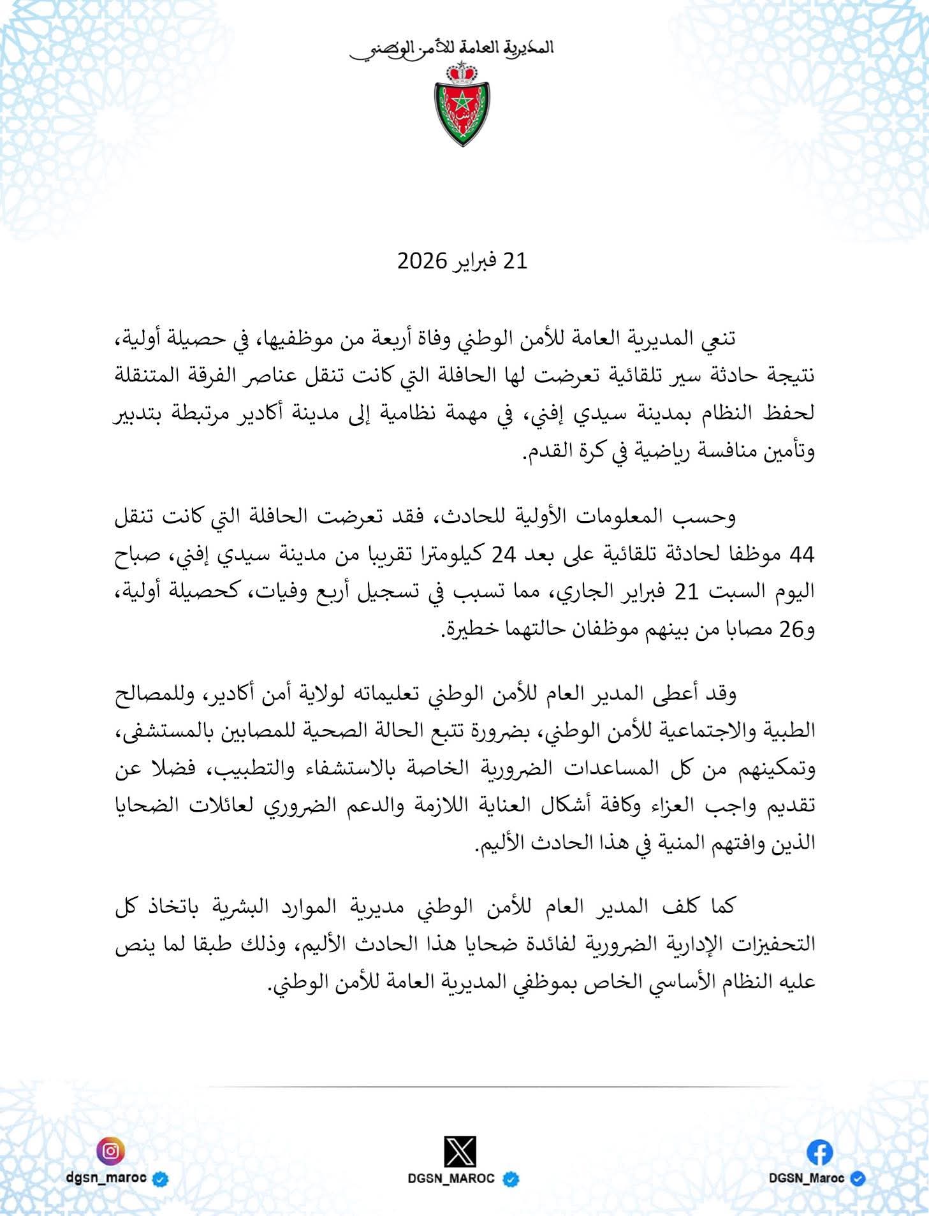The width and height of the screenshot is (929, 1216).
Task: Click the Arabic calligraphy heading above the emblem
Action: (x=452, y=48)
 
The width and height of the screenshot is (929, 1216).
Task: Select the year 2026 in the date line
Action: (x=423, y=261)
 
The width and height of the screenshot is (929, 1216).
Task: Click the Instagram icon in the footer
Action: (x=110, y=1152)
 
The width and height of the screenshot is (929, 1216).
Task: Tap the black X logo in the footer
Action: (x=460, y=1152)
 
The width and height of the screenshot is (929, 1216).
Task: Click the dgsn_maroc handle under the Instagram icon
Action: (x=106, y=1178)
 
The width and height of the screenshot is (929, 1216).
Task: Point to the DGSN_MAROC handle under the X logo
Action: (x=451, y=1179)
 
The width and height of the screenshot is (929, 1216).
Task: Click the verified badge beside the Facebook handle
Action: (x=858, y=1178)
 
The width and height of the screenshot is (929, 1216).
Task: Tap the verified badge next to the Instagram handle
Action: (x=161, y=1178)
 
